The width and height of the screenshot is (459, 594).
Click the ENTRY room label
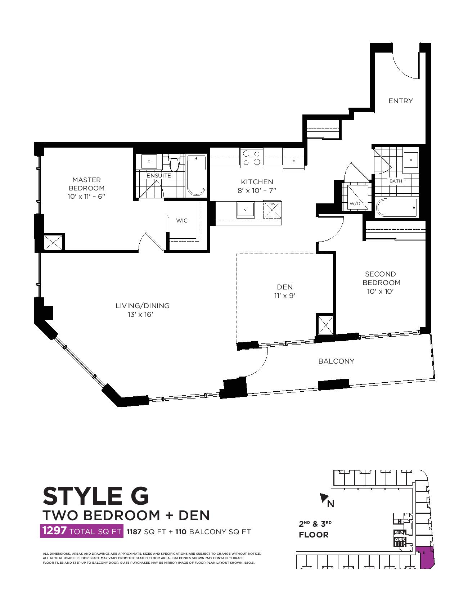pos(400,101)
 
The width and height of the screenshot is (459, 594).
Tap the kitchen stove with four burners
pos(252,158)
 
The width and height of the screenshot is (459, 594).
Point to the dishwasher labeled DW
pos(272,210)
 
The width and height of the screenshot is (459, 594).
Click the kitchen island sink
pos(246,210)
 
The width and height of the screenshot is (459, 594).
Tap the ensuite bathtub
pos(196,175)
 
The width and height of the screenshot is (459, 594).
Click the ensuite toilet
pos(174,162)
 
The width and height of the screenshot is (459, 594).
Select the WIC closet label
pos(182,220)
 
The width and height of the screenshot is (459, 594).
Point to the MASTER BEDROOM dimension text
pos(86,196)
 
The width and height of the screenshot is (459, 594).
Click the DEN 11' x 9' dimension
pos(285,296)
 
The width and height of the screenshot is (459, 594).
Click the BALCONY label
pos(336,361)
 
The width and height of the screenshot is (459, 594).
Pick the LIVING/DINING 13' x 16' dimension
pos(140,314)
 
